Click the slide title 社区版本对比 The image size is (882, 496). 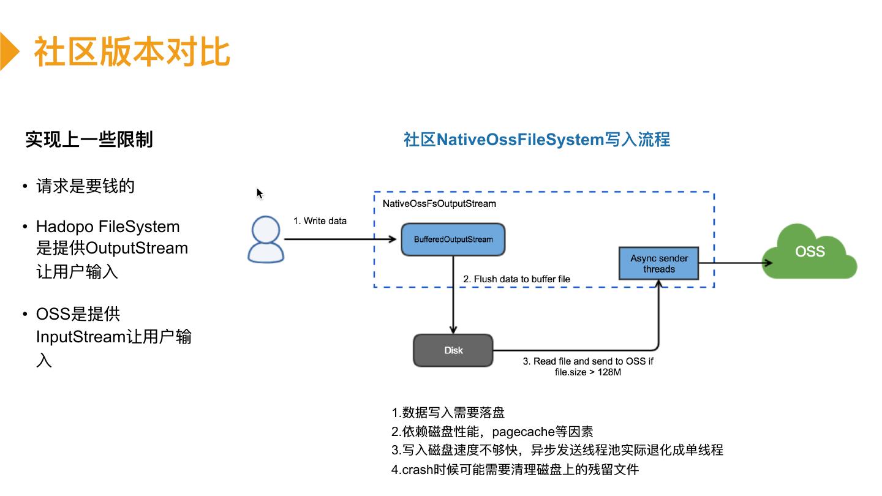click(x=132, y=51)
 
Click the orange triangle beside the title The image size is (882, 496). click(x=9, y=51)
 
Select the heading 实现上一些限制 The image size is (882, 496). click(x=89, y=140)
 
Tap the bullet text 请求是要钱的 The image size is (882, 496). click(x=85, y=186)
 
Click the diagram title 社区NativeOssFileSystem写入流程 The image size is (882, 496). click(x=537, y=140)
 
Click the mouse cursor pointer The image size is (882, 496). click(x=259, y=194)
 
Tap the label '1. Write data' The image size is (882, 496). click(x=320, y=220)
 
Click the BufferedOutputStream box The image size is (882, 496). click(x=453, y=239)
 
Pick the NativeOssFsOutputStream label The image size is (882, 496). click(x=439, y=203)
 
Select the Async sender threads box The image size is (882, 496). click(x=659, y=264)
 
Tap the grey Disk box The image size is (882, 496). click(x=453, y=350)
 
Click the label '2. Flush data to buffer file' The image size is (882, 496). click(x=516, y=279)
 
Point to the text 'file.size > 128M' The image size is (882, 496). click(x=587, y=372)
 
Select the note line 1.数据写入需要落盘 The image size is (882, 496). click(x=448, y=412)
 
